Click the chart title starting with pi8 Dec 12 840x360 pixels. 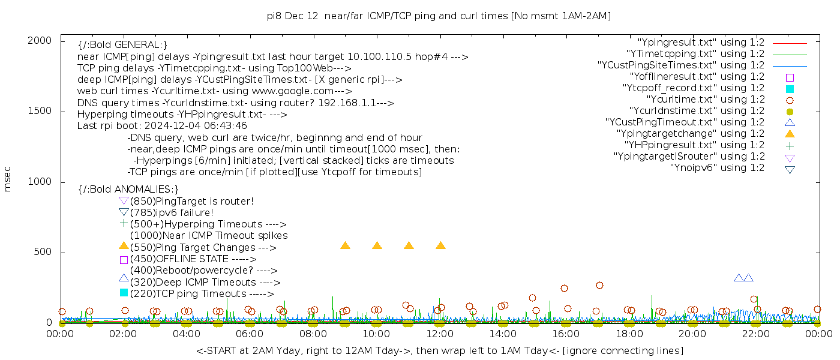point(439,16)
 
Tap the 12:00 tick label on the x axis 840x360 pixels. point(439,334)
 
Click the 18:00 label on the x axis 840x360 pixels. point(629,334)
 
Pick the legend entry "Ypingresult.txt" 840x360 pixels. point(701,43)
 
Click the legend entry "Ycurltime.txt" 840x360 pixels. point(705,100)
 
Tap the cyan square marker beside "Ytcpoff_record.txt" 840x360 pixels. point(790,89)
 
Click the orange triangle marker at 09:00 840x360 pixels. point(345,245)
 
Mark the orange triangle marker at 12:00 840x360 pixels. point(440,245)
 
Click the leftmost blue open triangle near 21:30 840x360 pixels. point(739,278)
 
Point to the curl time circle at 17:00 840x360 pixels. point(599,286)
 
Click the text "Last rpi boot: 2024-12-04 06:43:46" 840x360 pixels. point(162,126)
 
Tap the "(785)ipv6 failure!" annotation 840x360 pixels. point(172,213)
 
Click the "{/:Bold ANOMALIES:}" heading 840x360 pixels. point(128,190)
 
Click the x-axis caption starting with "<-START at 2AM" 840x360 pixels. point(439,350)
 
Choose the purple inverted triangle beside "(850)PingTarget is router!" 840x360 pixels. point(124,201)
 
